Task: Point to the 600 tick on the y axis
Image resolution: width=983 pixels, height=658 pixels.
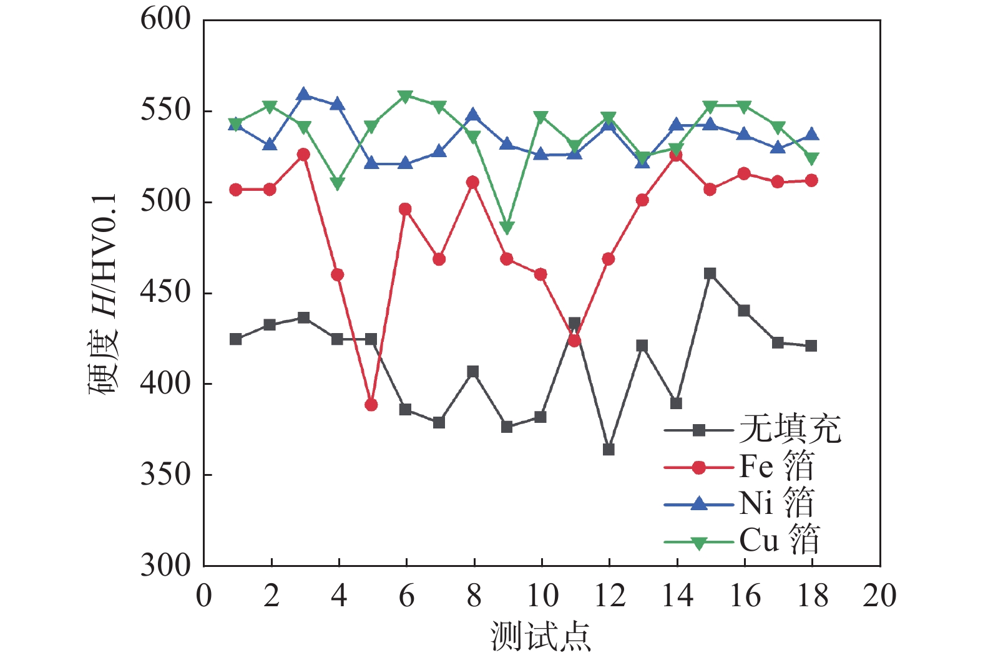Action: (x=165, y=19)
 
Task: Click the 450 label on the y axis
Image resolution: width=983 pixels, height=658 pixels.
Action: (x=165, y=293)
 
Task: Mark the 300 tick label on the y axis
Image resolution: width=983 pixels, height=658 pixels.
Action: (x=165, y=565)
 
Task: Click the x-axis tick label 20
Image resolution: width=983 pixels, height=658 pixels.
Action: (x=879, y=596)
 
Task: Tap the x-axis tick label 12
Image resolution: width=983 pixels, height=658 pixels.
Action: (x=609, y=596)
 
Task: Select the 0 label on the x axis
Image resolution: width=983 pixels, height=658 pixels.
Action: (x=204, y=596)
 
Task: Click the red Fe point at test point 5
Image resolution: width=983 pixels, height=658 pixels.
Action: (x=371, y=405)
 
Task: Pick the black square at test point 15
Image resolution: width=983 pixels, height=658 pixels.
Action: (x=710, y=274)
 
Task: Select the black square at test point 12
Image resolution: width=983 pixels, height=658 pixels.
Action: (x=609, y=449)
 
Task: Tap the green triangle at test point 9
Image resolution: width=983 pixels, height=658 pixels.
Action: (x=507, y=228)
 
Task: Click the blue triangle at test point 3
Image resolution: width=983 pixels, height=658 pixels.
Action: (x=304, y=94)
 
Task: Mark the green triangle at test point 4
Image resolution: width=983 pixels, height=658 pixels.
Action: (x=338, y=183)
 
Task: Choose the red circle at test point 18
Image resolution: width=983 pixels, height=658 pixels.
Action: (x=811, y=180)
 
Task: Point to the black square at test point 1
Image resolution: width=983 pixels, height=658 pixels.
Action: (x=236, y=339)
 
